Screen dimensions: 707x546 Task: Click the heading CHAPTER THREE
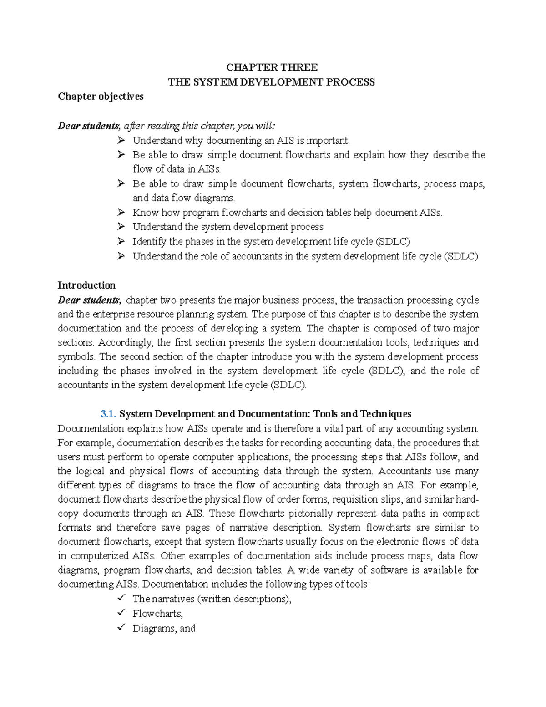coord(272,67)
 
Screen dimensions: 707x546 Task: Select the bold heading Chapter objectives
coord(100,97)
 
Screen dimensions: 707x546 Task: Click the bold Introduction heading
coord(86,285)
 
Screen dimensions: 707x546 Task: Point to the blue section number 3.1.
coord(108,414)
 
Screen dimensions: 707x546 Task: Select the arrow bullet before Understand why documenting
coord(121,140)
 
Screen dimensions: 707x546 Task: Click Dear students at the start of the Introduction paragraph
coord(89,300)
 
